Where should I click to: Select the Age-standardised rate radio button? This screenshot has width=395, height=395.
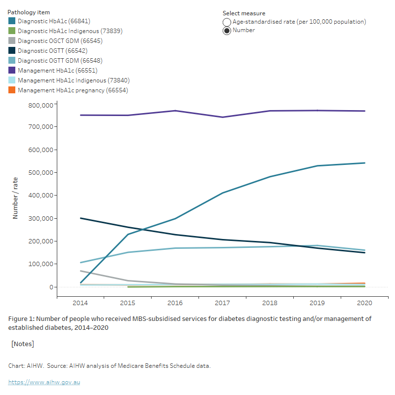[227, 22]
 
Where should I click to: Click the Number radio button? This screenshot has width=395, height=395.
[227, 31]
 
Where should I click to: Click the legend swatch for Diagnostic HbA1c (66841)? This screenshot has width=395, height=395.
[12, 21]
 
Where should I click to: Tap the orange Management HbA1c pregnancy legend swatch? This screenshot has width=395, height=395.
[12, 90]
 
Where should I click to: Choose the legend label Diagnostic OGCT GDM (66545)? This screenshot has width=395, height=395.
[60, 41]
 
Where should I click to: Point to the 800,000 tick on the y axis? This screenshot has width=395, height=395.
[40, 105]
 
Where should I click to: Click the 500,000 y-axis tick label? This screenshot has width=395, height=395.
[40, 172]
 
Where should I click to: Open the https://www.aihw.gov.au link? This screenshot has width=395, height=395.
[44, 382]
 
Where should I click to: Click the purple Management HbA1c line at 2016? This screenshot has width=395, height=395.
[175, 111]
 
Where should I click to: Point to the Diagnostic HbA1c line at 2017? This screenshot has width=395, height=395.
[223, 193]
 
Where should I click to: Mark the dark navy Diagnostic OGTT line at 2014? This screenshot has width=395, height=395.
[81, 218]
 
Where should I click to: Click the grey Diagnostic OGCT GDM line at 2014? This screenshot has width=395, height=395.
[81, 271]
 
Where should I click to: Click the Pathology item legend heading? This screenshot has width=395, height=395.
[29, 12]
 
